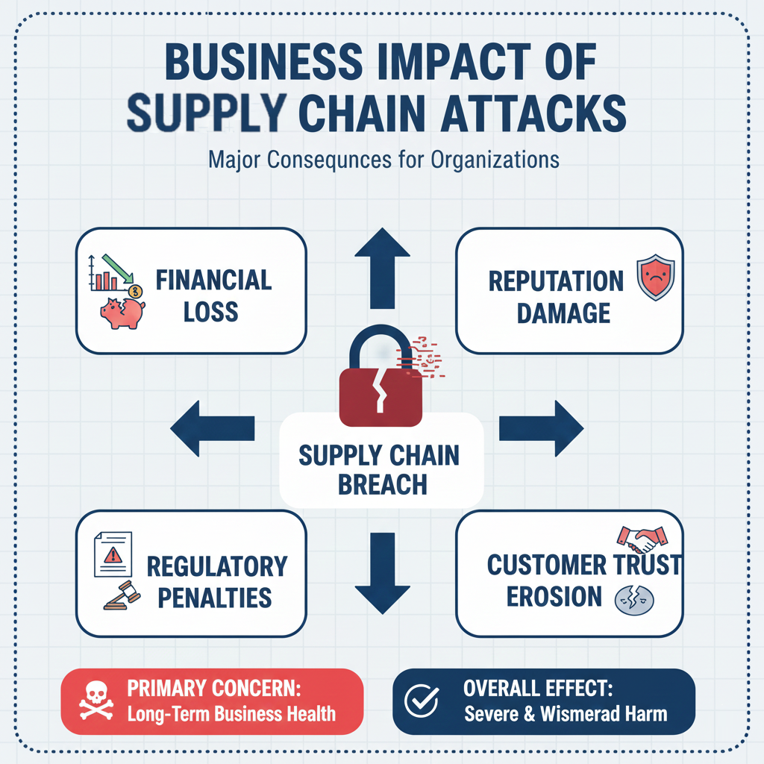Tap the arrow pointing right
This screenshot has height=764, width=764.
pos(541,428)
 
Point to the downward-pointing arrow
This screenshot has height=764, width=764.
pos(382,574)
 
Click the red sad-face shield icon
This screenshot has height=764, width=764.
pos(654,278)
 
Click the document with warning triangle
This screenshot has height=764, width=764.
pos(113,555)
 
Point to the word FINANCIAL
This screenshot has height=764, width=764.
pos(213,281)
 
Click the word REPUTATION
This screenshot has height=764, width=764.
pos(556,281)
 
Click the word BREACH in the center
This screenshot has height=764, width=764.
pos(382,485)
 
